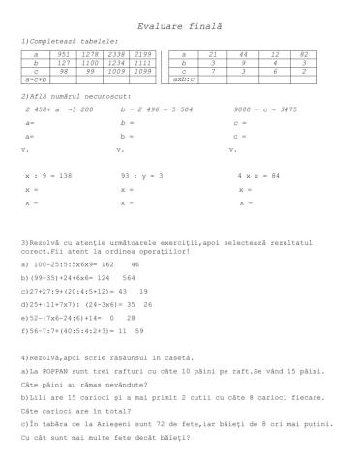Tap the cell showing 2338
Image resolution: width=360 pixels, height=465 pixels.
(x=118, y=55)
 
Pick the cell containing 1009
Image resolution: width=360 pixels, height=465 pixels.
(x=118, y=71)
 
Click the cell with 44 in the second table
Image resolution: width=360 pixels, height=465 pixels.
(x=244, y=55)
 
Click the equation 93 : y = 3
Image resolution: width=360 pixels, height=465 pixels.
(x=141, y=177)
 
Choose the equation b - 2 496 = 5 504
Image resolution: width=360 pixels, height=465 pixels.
(x=156, y=110)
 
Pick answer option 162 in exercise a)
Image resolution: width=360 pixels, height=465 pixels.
(x=107, y=263)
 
